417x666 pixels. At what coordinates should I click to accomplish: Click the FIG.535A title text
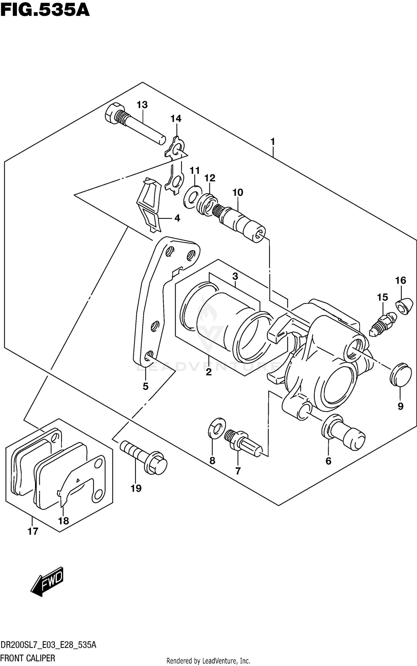click(x=45, y=11)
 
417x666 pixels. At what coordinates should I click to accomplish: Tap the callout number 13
click(x=142, y=105)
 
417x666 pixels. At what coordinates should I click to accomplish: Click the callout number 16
click(x=401, y=280)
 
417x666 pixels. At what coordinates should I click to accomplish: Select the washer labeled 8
click(x=217, y=427)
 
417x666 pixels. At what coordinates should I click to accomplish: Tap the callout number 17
click(x=33, y=531)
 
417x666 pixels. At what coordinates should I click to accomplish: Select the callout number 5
click(x=146, y=386)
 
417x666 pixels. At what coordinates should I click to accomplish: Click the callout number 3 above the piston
click(x=235, y=276)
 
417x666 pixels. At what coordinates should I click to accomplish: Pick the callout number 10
click(x=238, y=192)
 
